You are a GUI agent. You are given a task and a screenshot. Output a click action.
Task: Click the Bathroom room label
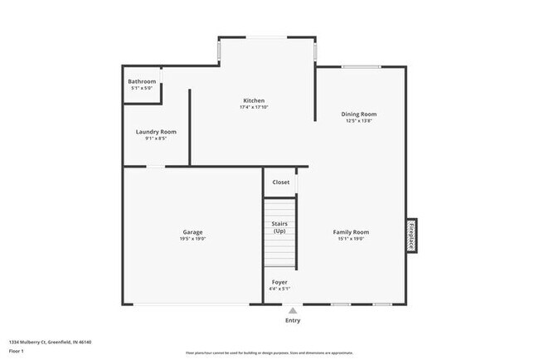[x=142, y=81]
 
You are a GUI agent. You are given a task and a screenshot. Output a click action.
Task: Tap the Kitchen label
[x=254, y=100]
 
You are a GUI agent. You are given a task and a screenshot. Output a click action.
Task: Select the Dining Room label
[x=359, y=114]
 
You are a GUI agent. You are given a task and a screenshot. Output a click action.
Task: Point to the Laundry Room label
[x=156, y=131]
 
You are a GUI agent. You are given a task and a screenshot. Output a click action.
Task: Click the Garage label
[x=192, y=231]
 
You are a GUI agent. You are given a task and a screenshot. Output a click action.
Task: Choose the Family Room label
[x=351, y=231]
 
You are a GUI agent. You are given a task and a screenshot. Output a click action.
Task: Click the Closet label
[x=281, y=182]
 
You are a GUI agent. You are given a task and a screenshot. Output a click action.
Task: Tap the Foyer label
[x=280, y=282]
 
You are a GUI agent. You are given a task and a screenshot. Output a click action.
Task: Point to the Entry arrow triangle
[x=293, y=310]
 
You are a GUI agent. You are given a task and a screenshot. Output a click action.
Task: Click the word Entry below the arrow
[x=293, y=320]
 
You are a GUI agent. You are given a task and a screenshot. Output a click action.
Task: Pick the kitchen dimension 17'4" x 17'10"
[x=254, y=107]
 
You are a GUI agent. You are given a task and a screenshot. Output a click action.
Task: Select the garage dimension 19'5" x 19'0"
[x=192, y=239]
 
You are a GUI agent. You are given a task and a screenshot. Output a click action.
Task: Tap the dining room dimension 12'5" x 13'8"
[x=359, y=121]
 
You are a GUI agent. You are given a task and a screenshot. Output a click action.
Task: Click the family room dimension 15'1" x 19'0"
[x=351, y=239]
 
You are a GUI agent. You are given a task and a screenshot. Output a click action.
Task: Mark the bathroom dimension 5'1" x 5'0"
[x=142, y=88]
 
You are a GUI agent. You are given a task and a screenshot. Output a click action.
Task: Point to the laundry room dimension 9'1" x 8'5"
[x=156, y=139]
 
